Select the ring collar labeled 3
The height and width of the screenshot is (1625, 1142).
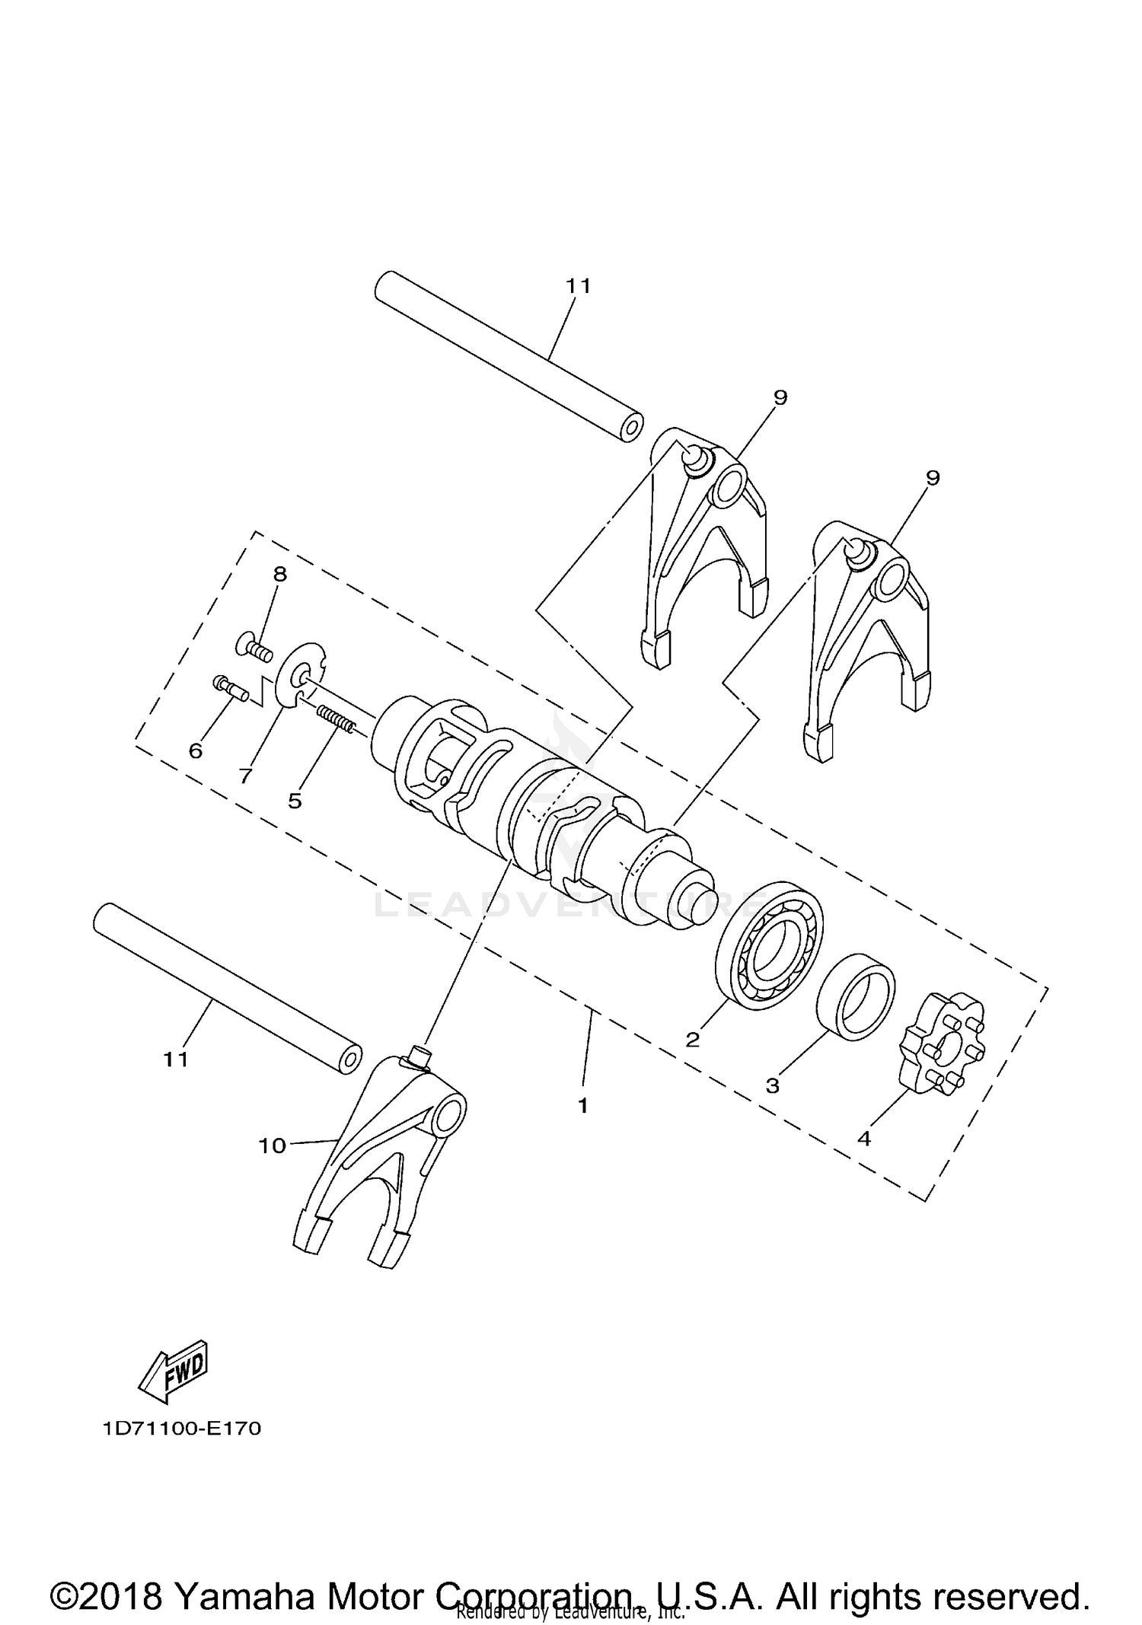(x=856, y=996)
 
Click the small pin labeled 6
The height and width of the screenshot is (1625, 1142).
(x=229, y=687)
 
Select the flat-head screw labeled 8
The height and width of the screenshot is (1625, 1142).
(x=254, y=648)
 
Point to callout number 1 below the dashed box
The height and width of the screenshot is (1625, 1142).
(x=582, y=1107)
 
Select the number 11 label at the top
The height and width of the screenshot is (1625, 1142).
(x=578, y=286)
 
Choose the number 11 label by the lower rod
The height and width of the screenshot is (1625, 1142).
(x=176, y=1059)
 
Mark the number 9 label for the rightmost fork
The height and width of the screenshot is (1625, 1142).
(x=933, y=478)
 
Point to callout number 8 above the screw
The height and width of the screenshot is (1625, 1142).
(x=280, y=575)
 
